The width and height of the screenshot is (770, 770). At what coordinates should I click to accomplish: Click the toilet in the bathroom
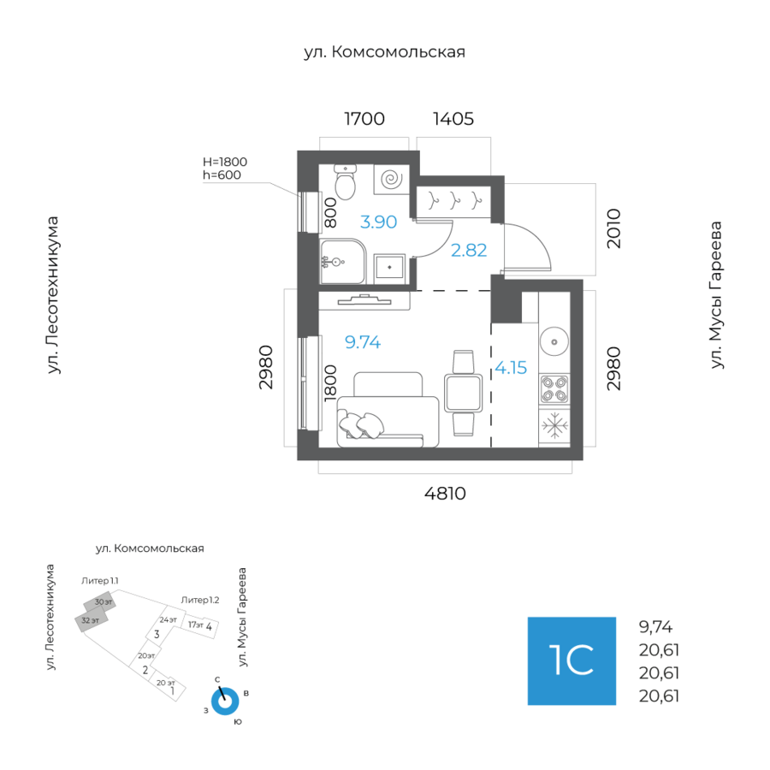345,182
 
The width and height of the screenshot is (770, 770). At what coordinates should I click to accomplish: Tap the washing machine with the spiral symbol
392,181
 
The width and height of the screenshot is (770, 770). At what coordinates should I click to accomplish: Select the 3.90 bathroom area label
378,222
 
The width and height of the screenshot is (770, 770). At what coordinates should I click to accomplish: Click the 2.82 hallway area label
468,251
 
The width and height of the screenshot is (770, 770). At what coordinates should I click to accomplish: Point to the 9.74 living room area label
362,343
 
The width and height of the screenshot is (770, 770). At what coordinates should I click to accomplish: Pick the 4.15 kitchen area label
511,369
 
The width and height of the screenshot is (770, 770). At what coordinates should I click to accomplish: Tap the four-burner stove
554,390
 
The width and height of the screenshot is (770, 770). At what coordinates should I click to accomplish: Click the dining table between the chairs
463,393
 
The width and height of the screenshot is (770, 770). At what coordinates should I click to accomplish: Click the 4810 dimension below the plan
445,494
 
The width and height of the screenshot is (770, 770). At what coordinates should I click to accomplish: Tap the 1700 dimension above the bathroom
364,119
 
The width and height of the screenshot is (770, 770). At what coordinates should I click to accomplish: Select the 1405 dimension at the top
453,119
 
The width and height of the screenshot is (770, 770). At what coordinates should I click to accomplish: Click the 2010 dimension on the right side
613,228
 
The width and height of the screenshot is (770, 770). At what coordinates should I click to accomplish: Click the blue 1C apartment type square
572,660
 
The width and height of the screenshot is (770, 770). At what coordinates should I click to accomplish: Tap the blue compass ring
225,701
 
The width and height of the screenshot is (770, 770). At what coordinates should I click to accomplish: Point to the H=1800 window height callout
224,161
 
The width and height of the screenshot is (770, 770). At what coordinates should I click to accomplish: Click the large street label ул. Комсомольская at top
384,52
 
